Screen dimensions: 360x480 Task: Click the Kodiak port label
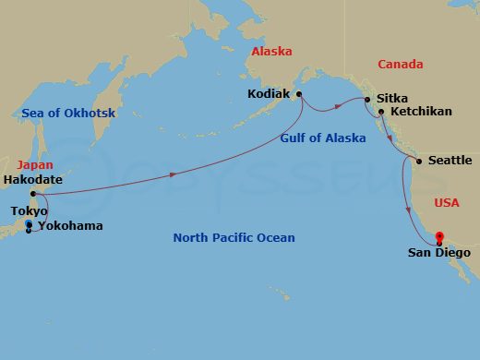(269, 93)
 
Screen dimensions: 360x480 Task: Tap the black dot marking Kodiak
(299, 93)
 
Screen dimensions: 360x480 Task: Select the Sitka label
(392, 97)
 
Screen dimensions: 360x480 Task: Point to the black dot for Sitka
(367, 99)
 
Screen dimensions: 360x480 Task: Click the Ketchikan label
(421, 112)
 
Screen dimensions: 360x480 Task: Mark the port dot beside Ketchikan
(381, 112)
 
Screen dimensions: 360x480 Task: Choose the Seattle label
(450, 161)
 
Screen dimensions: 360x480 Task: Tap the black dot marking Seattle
(420, 162)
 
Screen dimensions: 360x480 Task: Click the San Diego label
(439, 252)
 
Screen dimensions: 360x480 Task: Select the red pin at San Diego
(439, 236)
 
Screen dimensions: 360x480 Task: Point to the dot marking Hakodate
(33, 194)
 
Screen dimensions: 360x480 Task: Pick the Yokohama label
(70, 226)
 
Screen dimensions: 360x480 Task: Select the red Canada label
(401, 65)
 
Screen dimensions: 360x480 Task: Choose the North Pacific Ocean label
(234, 238)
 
